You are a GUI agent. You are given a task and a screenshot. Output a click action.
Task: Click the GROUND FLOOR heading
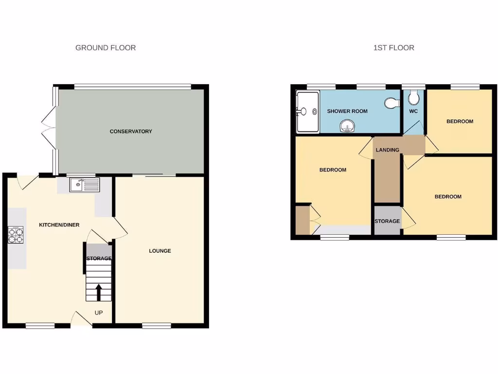click(x=106, y=48)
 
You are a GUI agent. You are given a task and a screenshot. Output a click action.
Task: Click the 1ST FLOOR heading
click(x=393, y=48)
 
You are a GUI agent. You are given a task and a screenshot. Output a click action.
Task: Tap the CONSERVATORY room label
click(x=131, y=131)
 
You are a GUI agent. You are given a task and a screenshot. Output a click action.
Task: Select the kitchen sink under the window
click(x=84, y=185)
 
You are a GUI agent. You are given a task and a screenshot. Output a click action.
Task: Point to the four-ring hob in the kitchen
click(x=16, y=236)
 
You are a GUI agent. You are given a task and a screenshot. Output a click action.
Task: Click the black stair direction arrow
click(x=99, y=292)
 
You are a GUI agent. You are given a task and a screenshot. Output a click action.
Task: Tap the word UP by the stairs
click(x=98, y=313)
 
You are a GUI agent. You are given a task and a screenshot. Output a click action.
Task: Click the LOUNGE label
click(x=160, y=251)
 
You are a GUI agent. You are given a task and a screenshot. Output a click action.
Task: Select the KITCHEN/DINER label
click(x=59, y=224)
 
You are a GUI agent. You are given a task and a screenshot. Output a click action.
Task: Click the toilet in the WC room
click(x=414, y=99)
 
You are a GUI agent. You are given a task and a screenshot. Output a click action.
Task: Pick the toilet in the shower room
click(x=391, y=103)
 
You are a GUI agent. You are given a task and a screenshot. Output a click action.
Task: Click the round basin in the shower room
click(x=347, y=127)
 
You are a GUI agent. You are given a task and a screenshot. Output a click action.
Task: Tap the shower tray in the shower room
click(x=307, y=112)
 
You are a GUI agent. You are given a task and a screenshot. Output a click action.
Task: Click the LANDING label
click(x=388, y=150)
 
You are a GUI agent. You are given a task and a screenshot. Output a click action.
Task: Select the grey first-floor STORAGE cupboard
click(x=387, y=221)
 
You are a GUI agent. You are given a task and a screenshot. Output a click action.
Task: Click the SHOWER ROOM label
click(x=347, y=111)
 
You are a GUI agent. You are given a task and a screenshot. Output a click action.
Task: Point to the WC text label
click(x=413, y=111)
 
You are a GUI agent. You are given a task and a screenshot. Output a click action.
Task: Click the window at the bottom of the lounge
click(x=157, y=325)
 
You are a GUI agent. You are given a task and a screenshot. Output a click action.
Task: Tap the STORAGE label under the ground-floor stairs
click(x=99, y=258)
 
